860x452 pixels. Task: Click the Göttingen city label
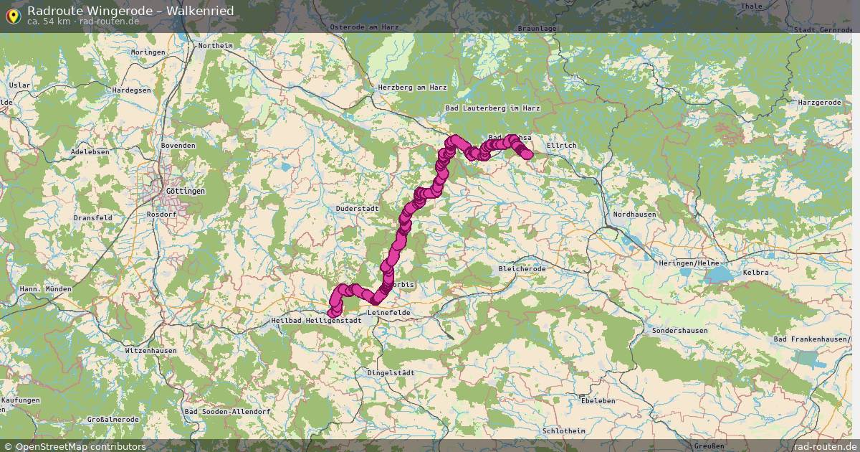[185, 192]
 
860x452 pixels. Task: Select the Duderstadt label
[357, 209]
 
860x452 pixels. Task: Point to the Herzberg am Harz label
[412, 88]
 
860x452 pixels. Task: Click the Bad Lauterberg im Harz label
[492, 108]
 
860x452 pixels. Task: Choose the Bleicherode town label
[522, 269]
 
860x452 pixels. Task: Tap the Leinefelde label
[388, 313]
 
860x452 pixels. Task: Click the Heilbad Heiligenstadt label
[316, 321]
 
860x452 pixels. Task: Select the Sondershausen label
[679, 331]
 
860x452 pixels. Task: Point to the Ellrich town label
[561, 146]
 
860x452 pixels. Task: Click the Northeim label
[216, 46]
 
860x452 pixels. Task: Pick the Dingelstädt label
[391, 373]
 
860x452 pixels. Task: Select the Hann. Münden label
[45, 289]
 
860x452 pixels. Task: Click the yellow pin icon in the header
[12, 15]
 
